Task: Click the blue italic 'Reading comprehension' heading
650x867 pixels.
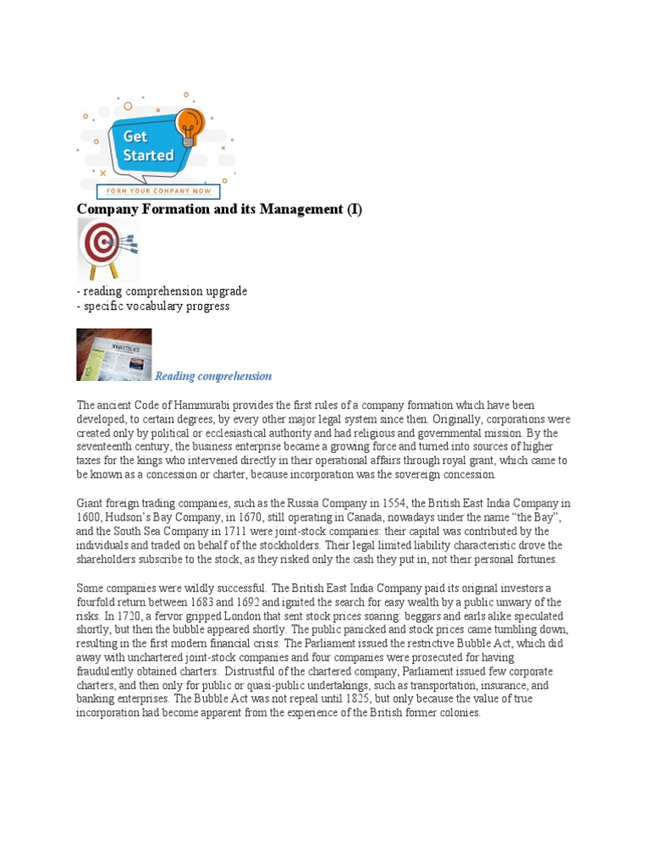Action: tap(213, 376)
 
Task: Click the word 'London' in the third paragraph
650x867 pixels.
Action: tap(238, 616)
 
